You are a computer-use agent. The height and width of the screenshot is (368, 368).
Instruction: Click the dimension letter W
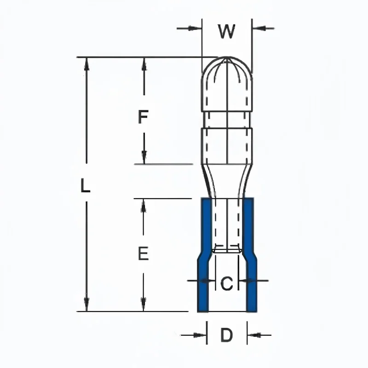click(226, 31)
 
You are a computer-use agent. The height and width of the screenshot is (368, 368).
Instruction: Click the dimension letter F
click(143, 117)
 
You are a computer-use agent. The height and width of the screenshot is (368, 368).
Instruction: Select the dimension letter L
click(85, 186)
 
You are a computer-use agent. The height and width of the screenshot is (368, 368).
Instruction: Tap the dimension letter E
click(143, 253)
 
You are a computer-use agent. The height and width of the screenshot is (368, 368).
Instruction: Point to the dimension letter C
click(227, 283)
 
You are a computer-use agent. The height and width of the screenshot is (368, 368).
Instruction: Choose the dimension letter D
click(227, 335)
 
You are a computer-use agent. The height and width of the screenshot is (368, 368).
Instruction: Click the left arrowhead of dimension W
click(196, 29)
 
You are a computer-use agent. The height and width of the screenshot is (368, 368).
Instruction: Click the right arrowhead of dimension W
click(258, 29)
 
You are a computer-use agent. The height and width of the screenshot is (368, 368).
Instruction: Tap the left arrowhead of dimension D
click(201, 335)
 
